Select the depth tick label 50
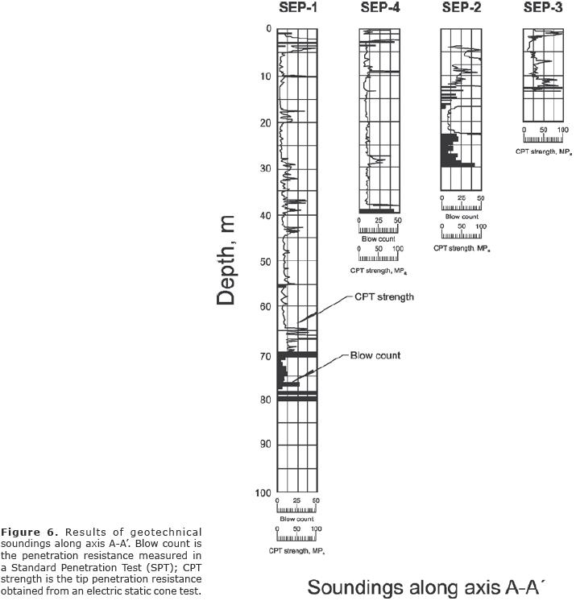tap(262, 262)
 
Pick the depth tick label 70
tap(262, 354)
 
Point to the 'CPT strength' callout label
tap(384, 297)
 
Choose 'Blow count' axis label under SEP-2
tap(462, 217)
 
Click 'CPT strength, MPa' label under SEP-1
tap(296, 551)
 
